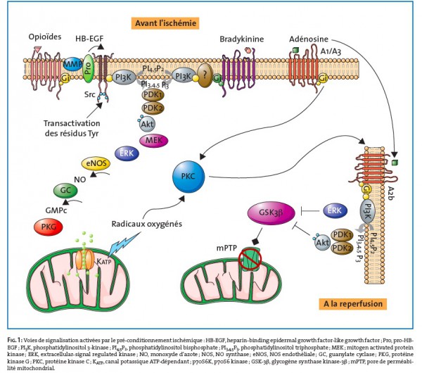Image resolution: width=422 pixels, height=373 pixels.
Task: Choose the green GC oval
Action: coord(66,191)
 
